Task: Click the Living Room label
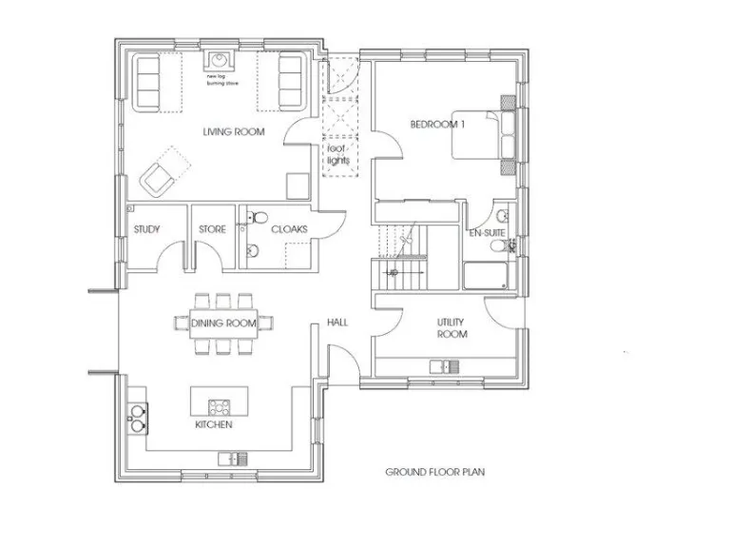[x=233, y=131]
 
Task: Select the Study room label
[x=146, y=229]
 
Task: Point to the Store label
[x=212, y=229]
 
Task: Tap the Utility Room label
[x=451, y=329]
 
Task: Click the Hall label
[x=336, y=323]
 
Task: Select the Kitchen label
[x=214, y=424]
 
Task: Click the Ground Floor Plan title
[x=424, y=471]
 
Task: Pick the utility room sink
[x=444, y=366]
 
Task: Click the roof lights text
[x=338, y=155]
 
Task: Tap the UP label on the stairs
[x=392, y=273]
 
